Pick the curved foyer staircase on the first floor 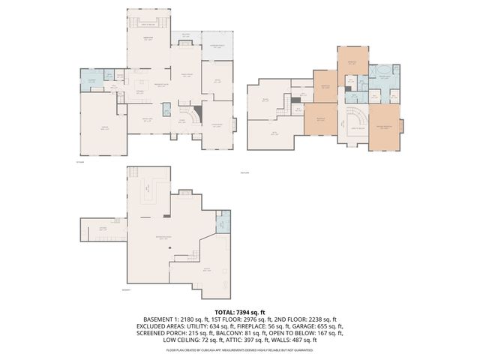(194, 115)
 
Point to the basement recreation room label (160, 237)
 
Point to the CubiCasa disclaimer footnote (240, 349)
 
